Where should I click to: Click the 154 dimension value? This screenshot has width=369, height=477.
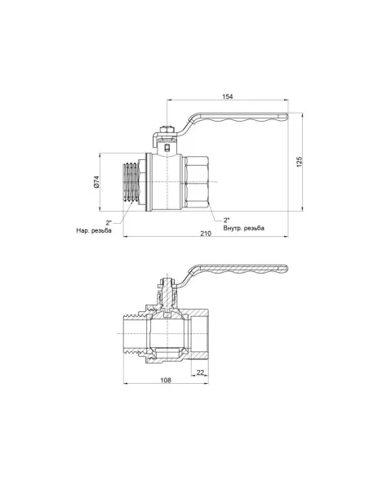click(227, 96)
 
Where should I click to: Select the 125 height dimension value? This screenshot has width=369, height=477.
click(300, 162)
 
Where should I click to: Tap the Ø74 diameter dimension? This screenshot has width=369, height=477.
click(96, 182)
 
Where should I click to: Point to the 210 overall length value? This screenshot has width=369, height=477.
click(206, 234)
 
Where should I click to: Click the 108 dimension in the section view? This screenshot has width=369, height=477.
click(166, 380)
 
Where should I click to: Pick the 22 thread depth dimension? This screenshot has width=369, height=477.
click(200, 372)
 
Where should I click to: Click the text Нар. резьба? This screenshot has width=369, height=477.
click(94, 230)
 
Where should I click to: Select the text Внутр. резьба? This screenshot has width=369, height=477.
click(244, 228)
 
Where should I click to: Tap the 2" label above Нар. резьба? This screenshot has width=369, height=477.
click(109, 223)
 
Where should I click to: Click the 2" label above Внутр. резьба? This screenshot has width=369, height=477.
click(226, 220)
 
